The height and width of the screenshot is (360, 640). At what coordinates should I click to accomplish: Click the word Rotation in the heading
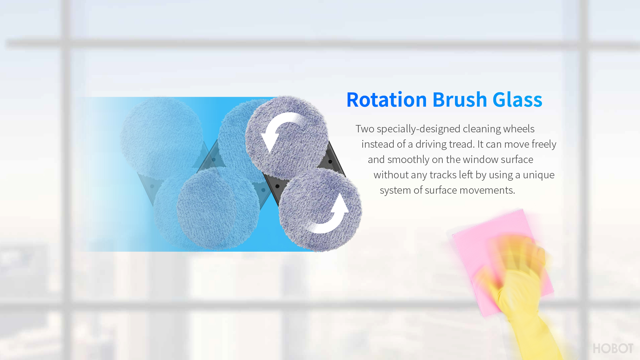pyautogui.click(x=387, y=99)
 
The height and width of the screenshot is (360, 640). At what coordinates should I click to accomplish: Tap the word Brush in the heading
pyautogui.click(x=460, y=99)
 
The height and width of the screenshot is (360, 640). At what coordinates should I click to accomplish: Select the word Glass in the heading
pyautogui.click(x=517, y=99)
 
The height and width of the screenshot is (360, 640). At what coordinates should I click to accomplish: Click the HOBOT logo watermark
pyautogui.click(x=613, y=348)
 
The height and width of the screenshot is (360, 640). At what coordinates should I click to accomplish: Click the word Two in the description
pyautogui.click(x=365, y=129)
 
